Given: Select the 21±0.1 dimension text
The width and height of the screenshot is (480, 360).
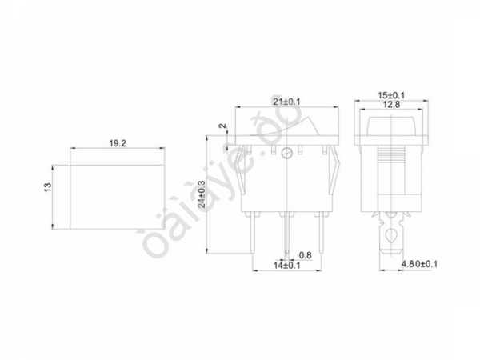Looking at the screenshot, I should pos(288,102).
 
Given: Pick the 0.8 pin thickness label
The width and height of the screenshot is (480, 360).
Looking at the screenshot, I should pos(305,255).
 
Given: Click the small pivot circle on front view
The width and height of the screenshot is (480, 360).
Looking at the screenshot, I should pos(286,152).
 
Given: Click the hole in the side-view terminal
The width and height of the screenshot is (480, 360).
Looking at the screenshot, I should pos(390,237).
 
